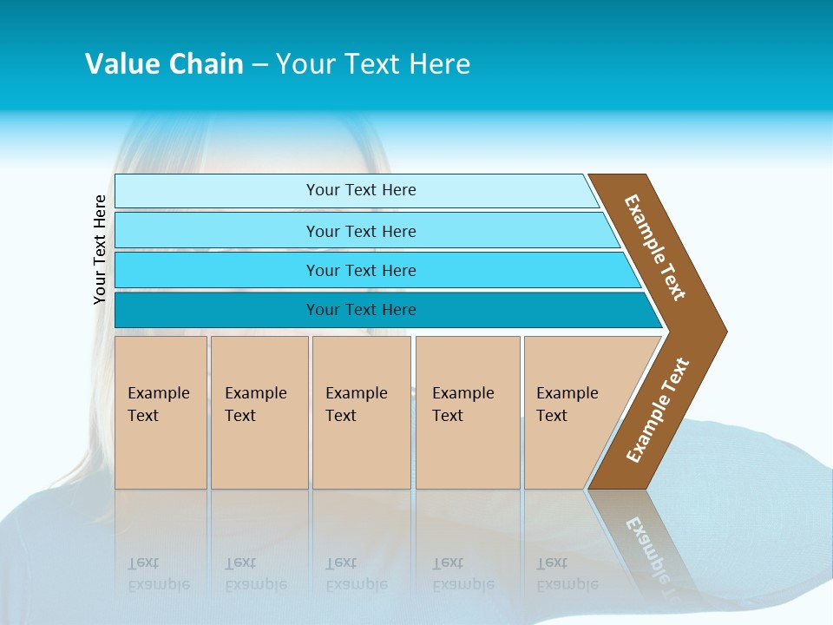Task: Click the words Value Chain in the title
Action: coord(164,63)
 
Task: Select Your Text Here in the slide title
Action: coord(373,63)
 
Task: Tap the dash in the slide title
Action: coord(259,64)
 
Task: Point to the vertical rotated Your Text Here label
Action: coord(101,249)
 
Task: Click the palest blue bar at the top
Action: coord(360,190)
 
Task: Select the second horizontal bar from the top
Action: coord(360,231)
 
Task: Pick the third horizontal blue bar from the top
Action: coord(360,270)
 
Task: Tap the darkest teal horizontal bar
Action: coord(360,310)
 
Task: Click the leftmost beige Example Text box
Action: coord(161,412)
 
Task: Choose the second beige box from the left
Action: coord(259,412)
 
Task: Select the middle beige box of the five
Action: coord(361,412)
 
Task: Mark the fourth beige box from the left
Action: coord(468,412)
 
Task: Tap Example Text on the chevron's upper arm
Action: coord(656,247)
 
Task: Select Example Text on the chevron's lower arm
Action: coord(658,411)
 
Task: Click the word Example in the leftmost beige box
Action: coord(158,393)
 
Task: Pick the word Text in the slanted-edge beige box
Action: coord(551,416)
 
